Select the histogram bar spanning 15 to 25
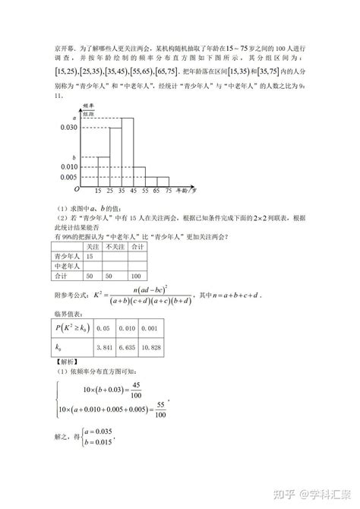[x=99, y=171]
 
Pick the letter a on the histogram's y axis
[x=74, y=118]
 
